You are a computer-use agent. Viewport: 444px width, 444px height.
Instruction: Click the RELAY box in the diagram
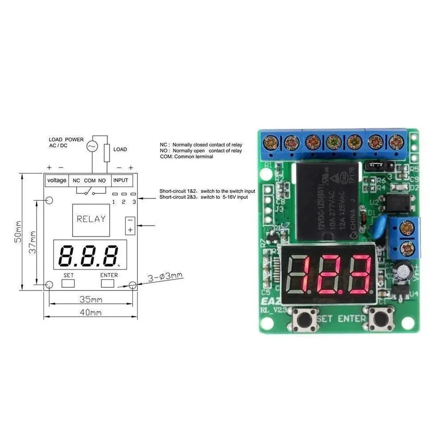pyautogui.click(x=91, y=219)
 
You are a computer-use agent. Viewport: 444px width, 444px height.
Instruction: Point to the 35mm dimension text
pyautogui.click(x=91, y=300)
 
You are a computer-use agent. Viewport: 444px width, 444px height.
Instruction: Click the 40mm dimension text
pyautogui.click(x=91, y=313)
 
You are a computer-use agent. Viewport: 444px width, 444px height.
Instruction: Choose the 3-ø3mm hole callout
pyautogui.click(x=165, y=277)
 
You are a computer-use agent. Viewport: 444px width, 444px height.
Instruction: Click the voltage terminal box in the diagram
pyautogui.click(x=57, y=180)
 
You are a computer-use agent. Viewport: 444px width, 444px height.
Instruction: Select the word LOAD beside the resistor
pyautogui.click(x=120, y=149)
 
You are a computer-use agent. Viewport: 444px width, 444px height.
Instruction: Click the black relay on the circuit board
pyautogui.click(x=327, y=200)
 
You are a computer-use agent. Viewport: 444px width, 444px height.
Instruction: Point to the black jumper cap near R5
pyautogui.click(x=379, y=165)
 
